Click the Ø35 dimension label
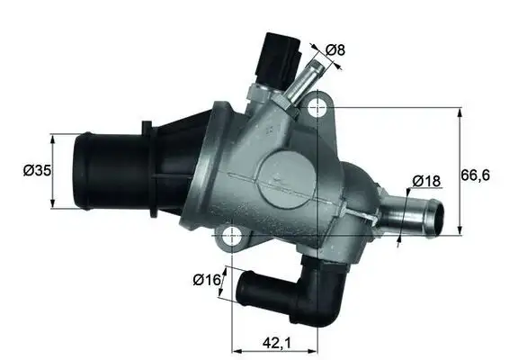[x=37, y=170]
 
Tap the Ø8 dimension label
[x=335, y=50]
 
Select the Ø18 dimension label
[x=426, y=181]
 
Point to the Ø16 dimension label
[x=207, y=279]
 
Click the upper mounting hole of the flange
[x=317, y=109]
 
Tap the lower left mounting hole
[x=233, y=237]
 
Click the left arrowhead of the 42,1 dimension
[x=236, y=349]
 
